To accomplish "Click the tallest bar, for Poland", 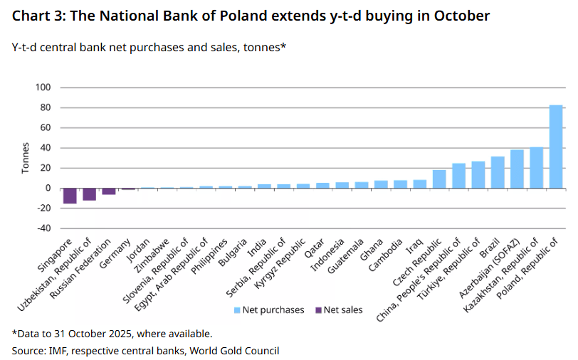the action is [x=555, y=147].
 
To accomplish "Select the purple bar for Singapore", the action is [x=70, y=196].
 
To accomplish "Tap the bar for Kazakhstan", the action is [x=536, y=168].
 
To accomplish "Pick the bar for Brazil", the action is [x=498, y=172].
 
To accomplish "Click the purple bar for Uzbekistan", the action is [x=89, y=194].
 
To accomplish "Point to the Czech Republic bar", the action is [x=439, y=179].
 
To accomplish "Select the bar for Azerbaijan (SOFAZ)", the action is [x=517, y=169].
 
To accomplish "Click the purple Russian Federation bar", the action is [x=109, y=191].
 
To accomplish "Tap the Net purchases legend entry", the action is [x=269, y=310].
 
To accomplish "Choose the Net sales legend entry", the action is [x=339, y=310].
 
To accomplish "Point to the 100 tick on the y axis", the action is [x=43, y=88].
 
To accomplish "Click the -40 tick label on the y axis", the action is [x=44, y=228].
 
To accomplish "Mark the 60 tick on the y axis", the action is [x=46, y=127].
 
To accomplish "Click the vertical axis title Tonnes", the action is [x=25, y=158].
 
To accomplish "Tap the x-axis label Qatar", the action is [x=314, y=248].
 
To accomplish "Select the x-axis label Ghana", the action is [x=372, y=249].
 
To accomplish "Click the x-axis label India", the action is [x=256, y=248].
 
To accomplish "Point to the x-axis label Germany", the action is [x=115, y=253].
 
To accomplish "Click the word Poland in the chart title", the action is [x=243, y=16].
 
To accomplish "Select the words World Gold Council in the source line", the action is [x=234, y=351].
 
